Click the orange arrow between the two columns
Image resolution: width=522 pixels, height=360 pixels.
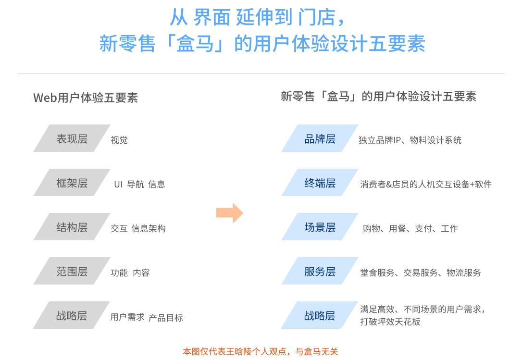pyautogui.click(x=230, y=212)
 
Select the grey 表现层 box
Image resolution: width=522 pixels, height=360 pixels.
pyautogui.click(x=72, y=138)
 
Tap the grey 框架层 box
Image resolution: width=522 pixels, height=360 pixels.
pyautogui.click(x=72, y=183)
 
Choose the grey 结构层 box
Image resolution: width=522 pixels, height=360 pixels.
pyautogui.click(x=72, y=227)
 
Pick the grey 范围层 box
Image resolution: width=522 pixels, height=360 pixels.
pyautogui.click(x=72, y=271)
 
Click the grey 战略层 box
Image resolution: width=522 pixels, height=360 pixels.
pyautogui.click(x=72, y=315)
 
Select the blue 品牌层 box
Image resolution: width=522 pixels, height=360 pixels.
pyautogui.click(x=320, y=138)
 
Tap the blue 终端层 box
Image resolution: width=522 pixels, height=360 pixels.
pyautogui.click(x=320, y=183)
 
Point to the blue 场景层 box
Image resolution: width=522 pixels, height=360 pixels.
pyautogui.click(x=320, y=227)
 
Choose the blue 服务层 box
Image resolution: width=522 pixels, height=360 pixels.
pyautogui.click(x=320, y=271)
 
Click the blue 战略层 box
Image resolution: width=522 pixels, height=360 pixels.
pyautogui.click(x=320, y=315)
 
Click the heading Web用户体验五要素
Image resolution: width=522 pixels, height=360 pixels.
pyautogui.click(x=86, y=98)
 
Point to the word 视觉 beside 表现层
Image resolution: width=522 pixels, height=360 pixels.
pyautogui.click(x=119, y=140)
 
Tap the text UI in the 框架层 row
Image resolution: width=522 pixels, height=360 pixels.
pyautogui.click(x=118, y=184)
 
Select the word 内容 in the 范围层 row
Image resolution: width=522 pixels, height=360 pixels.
pyautogui.click(x=141, y=273)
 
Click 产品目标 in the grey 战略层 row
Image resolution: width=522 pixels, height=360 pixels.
pyautogui.click(x=166, y=317)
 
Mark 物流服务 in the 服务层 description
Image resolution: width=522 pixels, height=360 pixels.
pyautogui.click(x=463, y=273)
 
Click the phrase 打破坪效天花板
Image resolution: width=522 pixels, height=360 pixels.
pyautogui.click(x=390, y=322)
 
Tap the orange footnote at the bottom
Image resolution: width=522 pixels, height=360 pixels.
pyautogui.click(x=261, y=351)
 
